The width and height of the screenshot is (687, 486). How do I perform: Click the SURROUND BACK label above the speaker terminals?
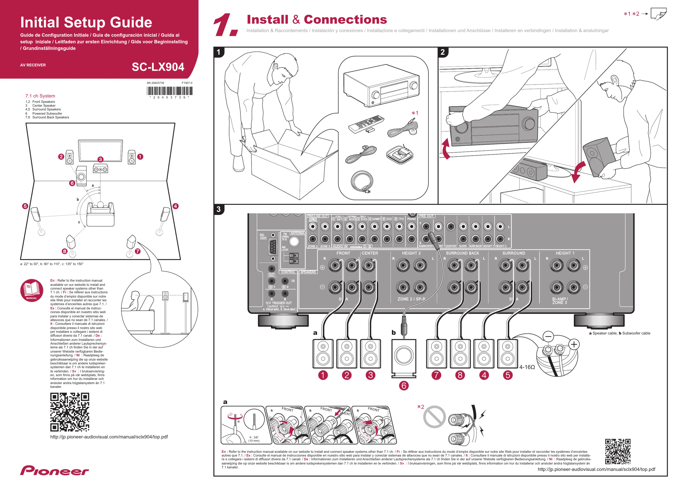(x=462, y=253)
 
